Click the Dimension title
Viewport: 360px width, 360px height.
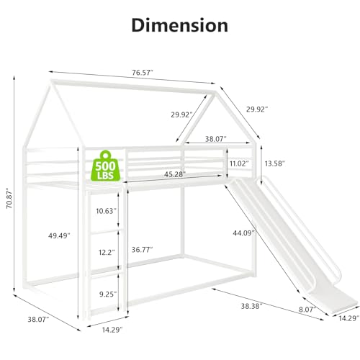[x=180, y=25]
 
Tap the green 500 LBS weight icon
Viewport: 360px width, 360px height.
[x=105, y=166]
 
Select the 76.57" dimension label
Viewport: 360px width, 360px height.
[x=143, y=73]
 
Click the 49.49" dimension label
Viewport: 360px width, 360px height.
[x=59, y=235]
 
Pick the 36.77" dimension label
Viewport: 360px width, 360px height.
[x=143, y=250]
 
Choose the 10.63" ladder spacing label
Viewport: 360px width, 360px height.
[x=107, y=211]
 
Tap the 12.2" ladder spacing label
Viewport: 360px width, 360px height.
[x=107, y=252]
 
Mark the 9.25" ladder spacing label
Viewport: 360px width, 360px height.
[x=108, y=294]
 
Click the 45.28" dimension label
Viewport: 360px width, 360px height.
[x=175, y=174]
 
